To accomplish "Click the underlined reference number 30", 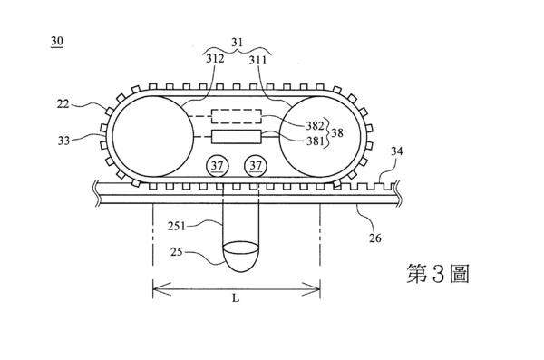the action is (57, 42).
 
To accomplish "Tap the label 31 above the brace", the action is (238, 43).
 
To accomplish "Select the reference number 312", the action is (215, 58).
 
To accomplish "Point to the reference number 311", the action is (257, 61).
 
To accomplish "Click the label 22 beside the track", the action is (63, 103).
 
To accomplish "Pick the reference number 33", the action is (63, 141).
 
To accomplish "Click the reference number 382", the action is (315, 125).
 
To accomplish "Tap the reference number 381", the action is (315, 141).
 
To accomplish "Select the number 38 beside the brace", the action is (337, 132).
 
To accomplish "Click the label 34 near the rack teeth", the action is (397, 151).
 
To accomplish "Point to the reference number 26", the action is (375, 238).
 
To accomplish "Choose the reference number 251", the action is (177, 226).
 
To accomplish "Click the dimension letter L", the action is (236, 297).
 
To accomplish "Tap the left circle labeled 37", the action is (218, 166).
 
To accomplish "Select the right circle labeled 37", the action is (256, 166).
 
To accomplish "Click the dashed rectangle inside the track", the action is (237, 116).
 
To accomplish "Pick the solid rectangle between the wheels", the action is (236, 137).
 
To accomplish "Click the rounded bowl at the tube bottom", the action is (241, 257).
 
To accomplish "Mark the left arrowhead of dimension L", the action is (161, 289).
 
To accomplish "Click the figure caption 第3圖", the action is (438, 273).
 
